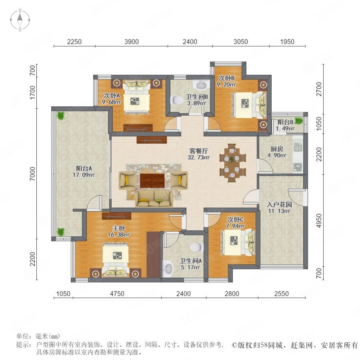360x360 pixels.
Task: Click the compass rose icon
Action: point(20,20)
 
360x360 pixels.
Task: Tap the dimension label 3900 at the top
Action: point(132,42)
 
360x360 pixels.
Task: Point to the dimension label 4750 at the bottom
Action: point(117,294)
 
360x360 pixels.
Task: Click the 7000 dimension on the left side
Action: point(33,174)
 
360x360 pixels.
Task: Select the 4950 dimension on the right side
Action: point(319,221)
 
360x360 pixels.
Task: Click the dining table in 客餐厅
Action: point(232,163)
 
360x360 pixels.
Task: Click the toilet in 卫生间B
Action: point(176,100)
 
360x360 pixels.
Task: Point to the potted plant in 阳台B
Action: point(298,120)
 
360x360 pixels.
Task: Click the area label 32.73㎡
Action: point(198,157)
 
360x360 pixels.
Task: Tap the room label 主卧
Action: point(118,228)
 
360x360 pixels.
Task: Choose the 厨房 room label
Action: point(277,149)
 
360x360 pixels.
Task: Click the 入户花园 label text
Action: point(279,204)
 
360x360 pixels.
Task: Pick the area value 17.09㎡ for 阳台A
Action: point(84,175)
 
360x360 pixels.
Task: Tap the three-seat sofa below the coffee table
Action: point(154,199)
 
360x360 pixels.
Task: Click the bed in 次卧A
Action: point(136,96)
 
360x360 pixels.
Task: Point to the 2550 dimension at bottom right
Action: point(282,294)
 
